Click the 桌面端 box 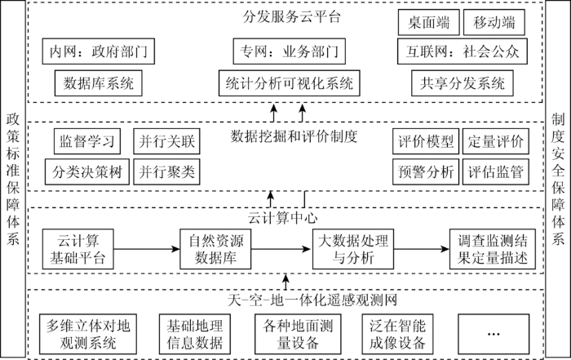428,22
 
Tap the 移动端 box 494,22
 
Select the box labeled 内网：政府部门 99,51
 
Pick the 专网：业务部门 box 289,51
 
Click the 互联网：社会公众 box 463,51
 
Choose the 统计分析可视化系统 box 289,83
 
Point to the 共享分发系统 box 463,83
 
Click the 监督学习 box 87,141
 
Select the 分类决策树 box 87,171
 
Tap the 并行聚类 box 166,171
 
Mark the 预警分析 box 426,171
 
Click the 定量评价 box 496,141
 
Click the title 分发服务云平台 291,17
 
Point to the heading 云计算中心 282,218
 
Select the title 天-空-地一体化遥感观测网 312,300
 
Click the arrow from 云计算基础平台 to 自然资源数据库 147,249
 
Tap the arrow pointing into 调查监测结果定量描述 422,249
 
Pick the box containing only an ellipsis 494,334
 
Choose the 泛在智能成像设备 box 398,334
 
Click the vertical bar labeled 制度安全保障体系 558,180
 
